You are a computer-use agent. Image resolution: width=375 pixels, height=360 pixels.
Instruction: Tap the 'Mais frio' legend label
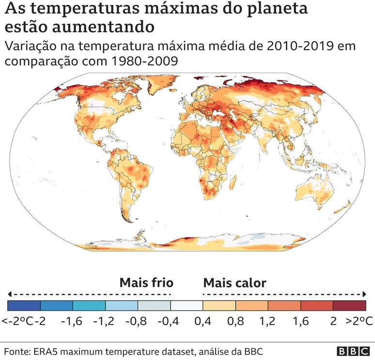click(146, 283)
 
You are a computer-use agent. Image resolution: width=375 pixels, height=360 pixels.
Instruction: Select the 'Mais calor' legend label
click(234, 283)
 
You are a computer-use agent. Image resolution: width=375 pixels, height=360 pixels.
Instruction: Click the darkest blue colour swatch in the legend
click(24, 305)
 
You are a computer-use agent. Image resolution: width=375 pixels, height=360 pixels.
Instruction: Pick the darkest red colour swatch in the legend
click(349, 305)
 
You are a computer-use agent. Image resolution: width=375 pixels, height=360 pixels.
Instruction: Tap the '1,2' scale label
click(267, 321)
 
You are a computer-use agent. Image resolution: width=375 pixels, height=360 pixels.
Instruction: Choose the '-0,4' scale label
click(170, 321)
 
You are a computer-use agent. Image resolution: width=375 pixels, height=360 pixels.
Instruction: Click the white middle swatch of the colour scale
click(187, 305)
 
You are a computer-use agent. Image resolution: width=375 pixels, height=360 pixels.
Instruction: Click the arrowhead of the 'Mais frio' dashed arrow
click(10, 294)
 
